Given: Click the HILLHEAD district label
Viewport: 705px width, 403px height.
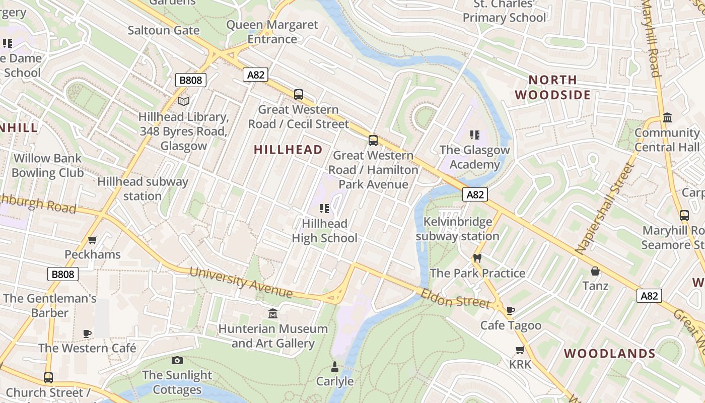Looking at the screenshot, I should (x=288, y=150).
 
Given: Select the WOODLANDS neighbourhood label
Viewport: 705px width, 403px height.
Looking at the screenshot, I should (x=609, y=354).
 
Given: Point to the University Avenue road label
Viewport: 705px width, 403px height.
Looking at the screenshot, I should (x=241, y=282).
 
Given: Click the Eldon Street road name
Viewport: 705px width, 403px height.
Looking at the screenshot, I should (x=455, y=299).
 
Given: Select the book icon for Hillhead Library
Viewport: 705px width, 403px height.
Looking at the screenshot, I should (x=184, y=102).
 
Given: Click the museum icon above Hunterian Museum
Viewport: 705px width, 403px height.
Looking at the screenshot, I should (x=273, y=314).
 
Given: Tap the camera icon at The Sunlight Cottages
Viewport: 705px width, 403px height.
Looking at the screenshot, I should (x=177, y=360).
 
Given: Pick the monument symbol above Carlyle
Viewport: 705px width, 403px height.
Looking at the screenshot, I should (x=335, y=366).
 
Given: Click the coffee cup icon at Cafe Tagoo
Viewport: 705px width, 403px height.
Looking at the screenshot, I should (x=511, y=310).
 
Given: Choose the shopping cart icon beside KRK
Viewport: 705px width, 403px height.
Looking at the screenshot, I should (x=520, y=350).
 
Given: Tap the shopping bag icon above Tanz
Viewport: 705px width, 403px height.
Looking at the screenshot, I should (x=595, y=272).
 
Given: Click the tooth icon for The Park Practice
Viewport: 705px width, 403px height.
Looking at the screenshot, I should (x=477, y=258).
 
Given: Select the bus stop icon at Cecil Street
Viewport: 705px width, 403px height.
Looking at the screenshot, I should (x=299, y=94).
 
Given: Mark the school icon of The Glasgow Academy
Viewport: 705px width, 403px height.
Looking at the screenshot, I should (x=474, y=135).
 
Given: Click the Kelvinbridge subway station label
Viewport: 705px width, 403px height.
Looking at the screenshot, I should (x=457, y=229).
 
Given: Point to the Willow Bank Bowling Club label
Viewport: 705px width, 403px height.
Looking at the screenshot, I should (x=47, y=166).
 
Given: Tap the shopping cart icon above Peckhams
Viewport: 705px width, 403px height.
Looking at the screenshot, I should (x=92, y=240).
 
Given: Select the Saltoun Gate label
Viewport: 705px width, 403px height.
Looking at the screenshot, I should (x=164, y=30).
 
